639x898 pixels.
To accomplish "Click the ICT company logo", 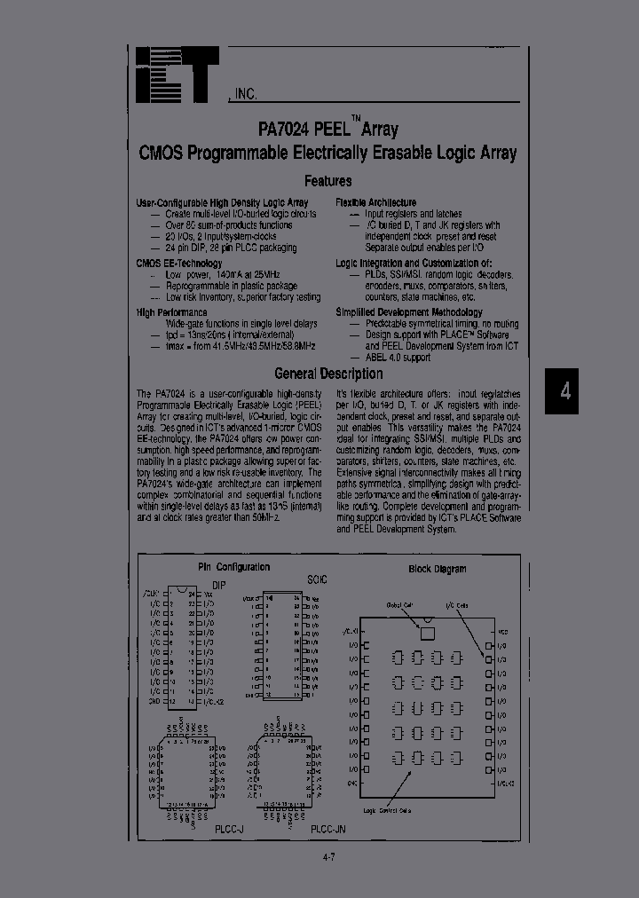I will click(x=177, y=75).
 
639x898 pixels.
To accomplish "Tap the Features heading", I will click(x=327, y=180).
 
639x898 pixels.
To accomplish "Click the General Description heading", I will click(x=328, y=374).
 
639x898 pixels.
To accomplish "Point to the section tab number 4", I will click(x=565, y=391).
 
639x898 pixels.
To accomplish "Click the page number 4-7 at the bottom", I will click(x=327, y=856).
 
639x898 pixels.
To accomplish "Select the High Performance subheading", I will click(x=172, y=312).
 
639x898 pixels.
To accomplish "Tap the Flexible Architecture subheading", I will click(x=375, y=203).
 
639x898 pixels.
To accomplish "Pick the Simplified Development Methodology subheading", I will click(x=409, y=312).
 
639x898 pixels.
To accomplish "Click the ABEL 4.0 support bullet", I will click(x=398, y=358).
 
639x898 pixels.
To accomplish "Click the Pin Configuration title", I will click(x=233, y=567).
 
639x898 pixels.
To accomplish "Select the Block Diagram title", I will click(x=438, y=569).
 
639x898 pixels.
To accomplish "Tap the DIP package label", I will click(x=218, y=585).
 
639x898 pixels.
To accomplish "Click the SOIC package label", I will click(x=317, y=579).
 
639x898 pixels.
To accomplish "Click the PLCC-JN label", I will click(x=327, y=827).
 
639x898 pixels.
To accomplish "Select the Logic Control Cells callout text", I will click(x=392, y=810).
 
